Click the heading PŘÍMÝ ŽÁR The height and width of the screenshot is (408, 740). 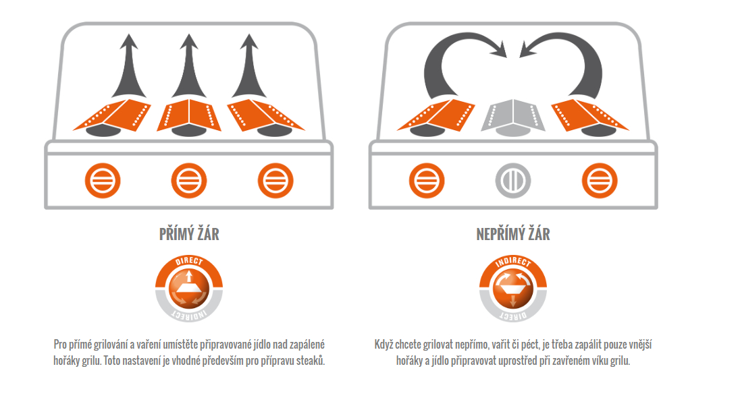(189, 234)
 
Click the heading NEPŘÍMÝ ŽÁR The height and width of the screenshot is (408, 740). (513, 234)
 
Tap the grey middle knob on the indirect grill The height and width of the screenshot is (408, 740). (513, 181)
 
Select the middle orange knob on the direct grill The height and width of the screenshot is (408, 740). (189, 181)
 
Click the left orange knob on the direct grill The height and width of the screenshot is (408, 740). (103, 181)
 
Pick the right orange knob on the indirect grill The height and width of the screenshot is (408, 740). (600, 181)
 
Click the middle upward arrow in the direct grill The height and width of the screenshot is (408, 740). (189, 66)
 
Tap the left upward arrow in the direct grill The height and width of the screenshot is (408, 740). (129, 66)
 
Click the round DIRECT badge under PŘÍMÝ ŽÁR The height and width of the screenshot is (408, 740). (189, 289)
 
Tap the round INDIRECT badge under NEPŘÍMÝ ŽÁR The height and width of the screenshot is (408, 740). (513, 289)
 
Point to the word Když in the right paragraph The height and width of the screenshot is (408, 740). (384, 345)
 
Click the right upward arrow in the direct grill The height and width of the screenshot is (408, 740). (249, 66)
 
